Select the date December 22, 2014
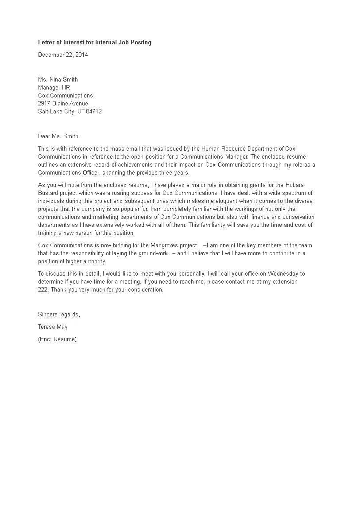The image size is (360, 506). tap(63, 55)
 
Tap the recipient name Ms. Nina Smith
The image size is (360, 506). tap(58, 80)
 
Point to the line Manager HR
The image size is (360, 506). tap(54, 88)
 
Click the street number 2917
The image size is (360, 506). tap(45, 104)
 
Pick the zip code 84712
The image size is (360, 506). tap(94, 112)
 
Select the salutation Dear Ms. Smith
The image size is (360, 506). tap(59, 137)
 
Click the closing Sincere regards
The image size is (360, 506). tap(59, 315)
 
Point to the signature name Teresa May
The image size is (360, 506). tap(53, 327)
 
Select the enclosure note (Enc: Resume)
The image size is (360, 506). tap(57, 339)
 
